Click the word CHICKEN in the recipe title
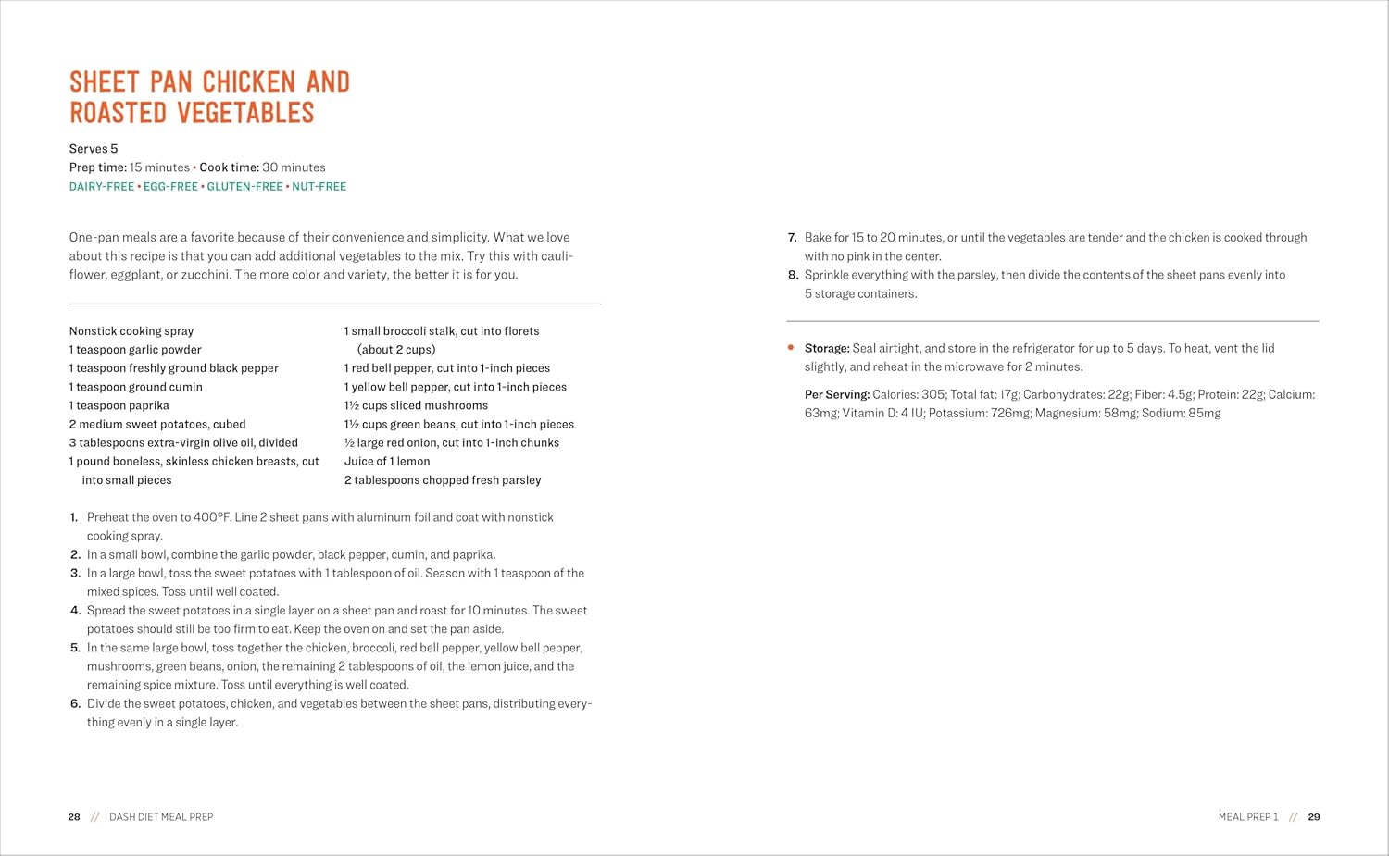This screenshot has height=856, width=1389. pyautogui.click(x=250, y=82)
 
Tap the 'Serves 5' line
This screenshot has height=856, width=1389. pyautogui.click(x=94, y=149)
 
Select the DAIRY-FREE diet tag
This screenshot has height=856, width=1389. pyautogui.click(x=102, y=187)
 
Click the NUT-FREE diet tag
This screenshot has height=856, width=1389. pyautogui.click(x=319, y=187)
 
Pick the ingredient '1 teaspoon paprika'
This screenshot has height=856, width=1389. pyautogui.click(x=119, y=405)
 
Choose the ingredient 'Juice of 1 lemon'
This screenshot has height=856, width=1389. pyautogui.click(x=387, y=461)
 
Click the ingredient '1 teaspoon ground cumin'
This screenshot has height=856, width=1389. pyautogui.click(x=136, y=387)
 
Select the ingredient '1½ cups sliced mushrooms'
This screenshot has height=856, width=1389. pyautogui.click(x=416, y=405)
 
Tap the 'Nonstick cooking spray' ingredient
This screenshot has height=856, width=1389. pyautogui.click(x=131, y=331)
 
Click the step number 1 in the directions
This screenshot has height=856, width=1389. pyautogui.click(x=74, y=517)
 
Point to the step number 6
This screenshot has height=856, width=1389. pyautogui.click(x=75, y=703)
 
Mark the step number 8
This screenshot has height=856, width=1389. pyautogui.click(x=793, y=275)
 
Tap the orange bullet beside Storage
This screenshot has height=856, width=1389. pyautogui.click(x=791, y=348)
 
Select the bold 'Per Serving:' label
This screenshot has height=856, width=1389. pyautogui.click(x=837, y=394)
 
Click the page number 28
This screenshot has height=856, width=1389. pyautogui.click(x=74, y=817)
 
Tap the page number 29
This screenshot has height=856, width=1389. pyautogui.click(x=1314, y=817)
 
